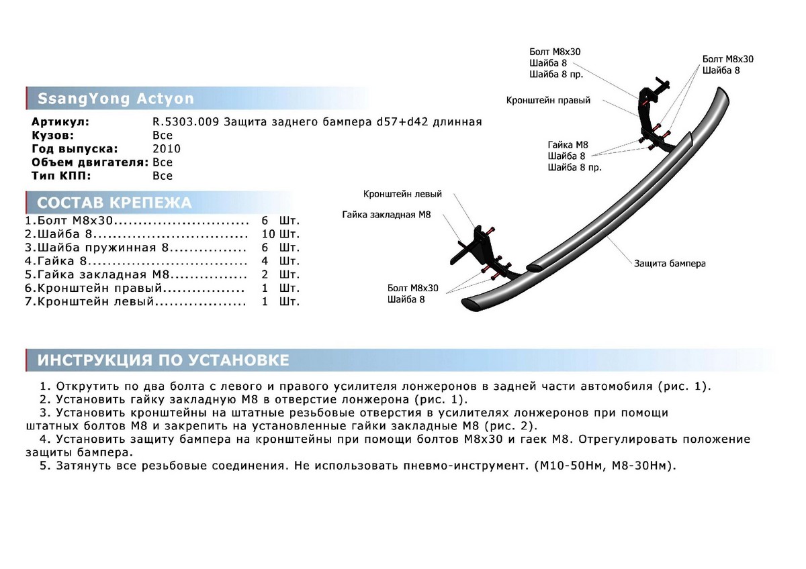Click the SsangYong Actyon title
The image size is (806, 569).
[x=116, y=99]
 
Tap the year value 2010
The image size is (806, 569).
[x=167, y=149]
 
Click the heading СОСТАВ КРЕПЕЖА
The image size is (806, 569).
[x=114, y=203]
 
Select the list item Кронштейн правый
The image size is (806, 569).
[x=101, y=288]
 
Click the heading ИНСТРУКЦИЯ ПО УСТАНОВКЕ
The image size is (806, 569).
[x=163, y=360]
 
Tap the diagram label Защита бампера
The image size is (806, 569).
[x=670, y=264]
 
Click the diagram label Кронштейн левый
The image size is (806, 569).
[x=402, y=194]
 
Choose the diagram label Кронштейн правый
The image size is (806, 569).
[x=548, y=101]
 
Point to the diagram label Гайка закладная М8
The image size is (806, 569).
[x=386, y=215]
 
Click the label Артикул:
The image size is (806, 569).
[x=60, y=122]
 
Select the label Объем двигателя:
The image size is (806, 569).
[x=89, y=162]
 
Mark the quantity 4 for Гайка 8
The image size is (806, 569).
[x=265, y=261]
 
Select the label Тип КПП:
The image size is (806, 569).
[x=61, y=176]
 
